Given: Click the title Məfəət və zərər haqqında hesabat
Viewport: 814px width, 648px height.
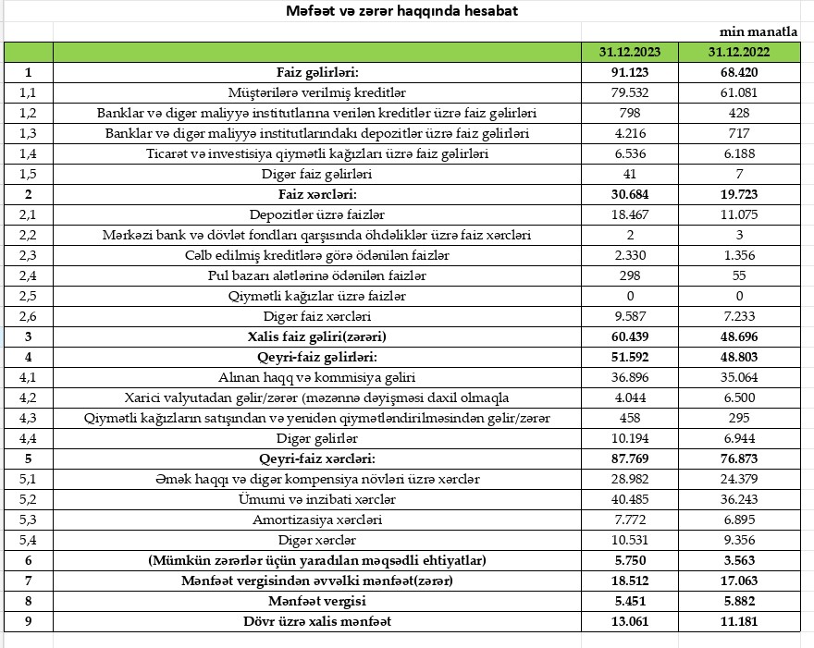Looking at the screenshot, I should pyautogui.click(x=401, y=11).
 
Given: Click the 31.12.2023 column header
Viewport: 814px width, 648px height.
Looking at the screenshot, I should pyautogui.click(x=630, y=52).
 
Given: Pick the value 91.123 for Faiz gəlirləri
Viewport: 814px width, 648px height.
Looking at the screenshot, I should pyautogui.click(x=630, y=72).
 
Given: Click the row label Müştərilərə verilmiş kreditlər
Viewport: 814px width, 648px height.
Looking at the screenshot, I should pyautogui.click(x=317, y=92).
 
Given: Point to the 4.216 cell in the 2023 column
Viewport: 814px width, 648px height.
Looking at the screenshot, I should pyautogui.click(x=630, y=133).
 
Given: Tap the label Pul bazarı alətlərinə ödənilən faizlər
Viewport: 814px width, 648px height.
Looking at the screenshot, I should pyautogui.click(x=317, y=275).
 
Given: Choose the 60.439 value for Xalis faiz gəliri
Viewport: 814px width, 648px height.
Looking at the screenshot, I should pyautogui.click(x=630, y=336).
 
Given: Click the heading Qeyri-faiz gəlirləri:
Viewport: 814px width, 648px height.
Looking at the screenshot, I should pyautogui.click(x=317, y=357).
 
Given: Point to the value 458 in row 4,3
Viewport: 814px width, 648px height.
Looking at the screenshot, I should pyautogui.click(x=630, y=418).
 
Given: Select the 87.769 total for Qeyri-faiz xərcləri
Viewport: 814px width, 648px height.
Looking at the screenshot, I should pyautogui.click(x=630, y=458).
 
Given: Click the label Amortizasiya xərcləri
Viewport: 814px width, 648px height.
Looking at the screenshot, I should pyautogui.click(x=317, y=520).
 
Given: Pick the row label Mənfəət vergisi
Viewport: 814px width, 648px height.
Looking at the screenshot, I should pyautogui.click(x=317, y=601).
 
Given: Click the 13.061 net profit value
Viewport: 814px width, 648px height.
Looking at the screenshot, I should pyautogui.click(x=630, y=621).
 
